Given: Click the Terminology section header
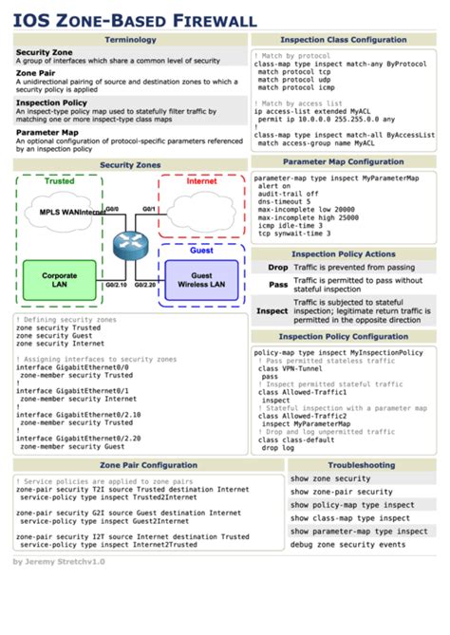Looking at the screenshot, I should (x=130, y=40).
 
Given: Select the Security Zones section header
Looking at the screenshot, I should (x=130, y=165).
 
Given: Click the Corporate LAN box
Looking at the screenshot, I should (x=59, y=281).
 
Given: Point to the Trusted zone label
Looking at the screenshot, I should (x=59, y=181).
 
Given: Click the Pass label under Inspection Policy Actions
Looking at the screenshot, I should (x=278, y=285).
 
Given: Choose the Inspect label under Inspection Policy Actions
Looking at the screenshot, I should (x=272, y=310).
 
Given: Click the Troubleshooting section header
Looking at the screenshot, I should (x=362, y=465).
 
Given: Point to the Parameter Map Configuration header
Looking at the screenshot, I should (x=343, y=162).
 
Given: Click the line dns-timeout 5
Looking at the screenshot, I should (x=286, y=202).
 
